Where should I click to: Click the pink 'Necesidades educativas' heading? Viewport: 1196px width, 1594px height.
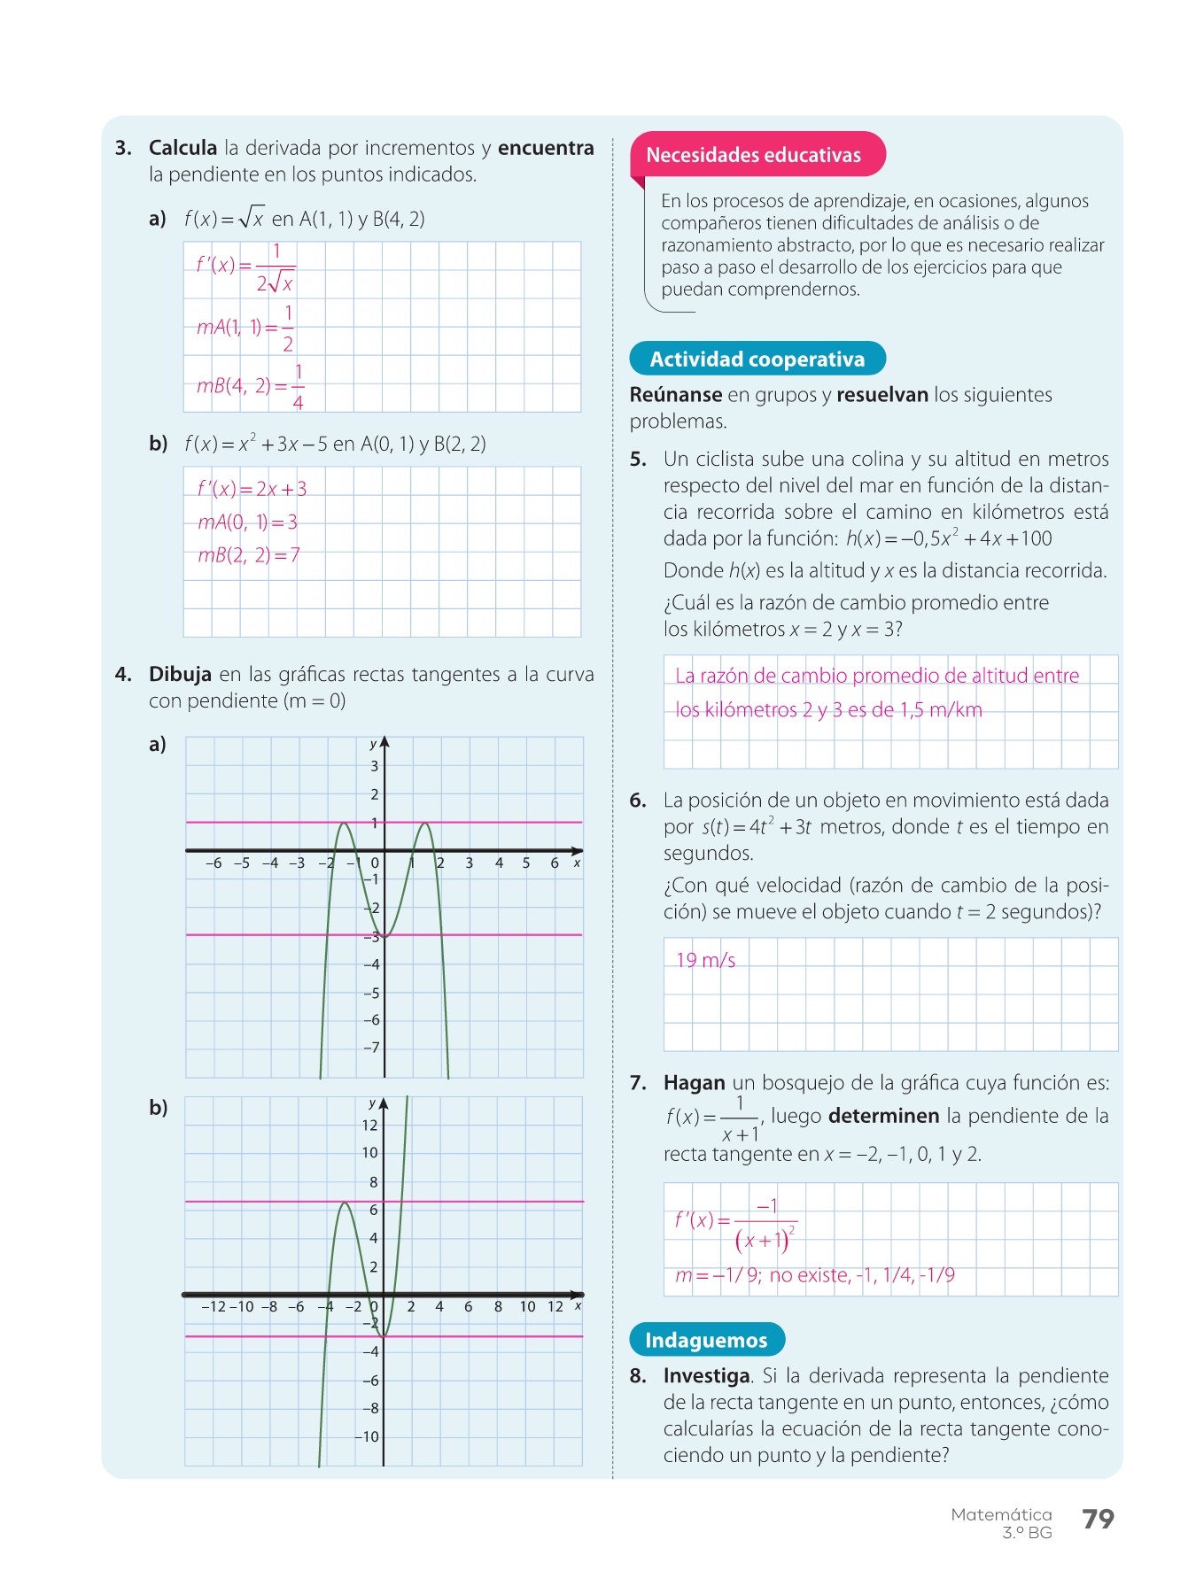[x=753, y=155]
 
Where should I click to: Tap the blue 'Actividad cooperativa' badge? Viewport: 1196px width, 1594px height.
[x=757, y=359]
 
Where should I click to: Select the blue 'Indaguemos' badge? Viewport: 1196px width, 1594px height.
[x=706, y=1340]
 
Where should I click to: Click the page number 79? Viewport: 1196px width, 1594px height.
[x=1098, y=1519]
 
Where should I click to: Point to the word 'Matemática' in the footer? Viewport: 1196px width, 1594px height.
[x=1001, y=1514]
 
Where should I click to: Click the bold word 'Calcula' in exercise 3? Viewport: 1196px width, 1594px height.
[x=183, y=148]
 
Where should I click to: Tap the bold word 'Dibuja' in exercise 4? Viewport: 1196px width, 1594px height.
[x=180, y=674]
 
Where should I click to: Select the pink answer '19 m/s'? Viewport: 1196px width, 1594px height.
[x=705, y=960]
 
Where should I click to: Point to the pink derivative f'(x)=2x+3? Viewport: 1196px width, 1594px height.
[x=252, y=489]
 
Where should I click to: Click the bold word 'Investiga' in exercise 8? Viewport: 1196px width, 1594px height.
[x=706, y=1375]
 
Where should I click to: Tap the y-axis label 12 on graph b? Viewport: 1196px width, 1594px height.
[x=369, y=1126]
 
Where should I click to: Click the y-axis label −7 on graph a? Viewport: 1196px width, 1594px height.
[x=371, y=1048]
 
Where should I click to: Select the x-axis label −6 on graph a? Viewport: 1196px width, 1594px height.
[x=214, y=863]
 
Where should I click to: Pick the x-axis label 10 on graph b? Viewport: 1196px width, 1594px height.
[x=527, y=1306]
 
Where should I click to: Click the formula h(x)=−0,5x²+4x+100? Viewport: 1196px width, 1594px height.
[x=949, y=538]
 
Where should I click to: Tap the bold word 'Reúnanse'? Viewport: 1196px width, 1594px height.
[x=675, y=395]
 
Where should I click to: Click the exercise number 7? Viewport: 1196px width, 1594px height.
[x=638, y=1083]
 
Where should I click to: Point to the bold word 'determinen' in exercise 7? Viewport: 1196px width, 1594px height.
[x=883, y=1116]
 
